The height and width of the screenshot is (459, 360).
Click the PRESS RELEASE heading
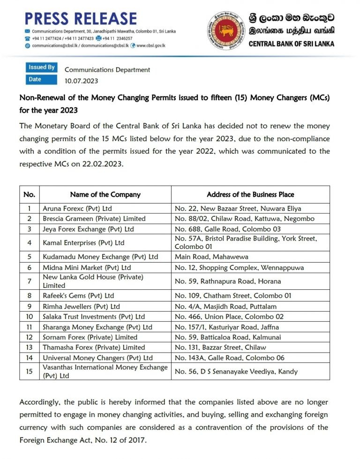(x=81, y=18)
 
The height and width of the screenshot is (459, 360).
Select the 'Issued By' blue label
(x=42, y=67)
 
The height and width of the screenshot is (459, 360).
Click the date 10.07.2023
(x=81, y=81)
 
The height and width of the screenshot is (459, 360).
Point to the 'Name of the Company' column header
(x=105, y=194)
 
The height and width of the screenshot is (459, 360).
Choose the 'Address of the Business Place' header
(x=250, y=194)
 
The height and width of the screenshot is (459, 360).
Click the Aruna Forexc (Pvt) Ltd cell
(x=77, y=208)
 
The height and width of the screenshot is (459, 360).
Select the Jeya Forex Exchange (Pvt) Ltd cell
(x=88, y=229)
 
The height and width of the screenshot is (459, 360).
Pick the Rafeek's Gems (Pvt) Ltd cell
(x=78, y=295)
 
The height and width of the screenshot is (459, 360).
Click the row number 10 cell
(x=30, y=316)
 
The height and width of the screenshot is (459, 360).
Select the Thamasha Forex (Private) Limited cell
(x=94, y=347)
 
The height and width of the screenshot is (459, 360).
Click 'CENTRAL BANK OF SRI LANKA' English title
(x=291, y=44)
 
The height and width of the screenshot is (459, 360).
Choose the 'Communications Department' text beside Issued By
(x=107, y=69)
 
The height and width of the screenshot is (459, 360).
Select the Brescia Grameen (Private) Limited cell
(x=94, y=218)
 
